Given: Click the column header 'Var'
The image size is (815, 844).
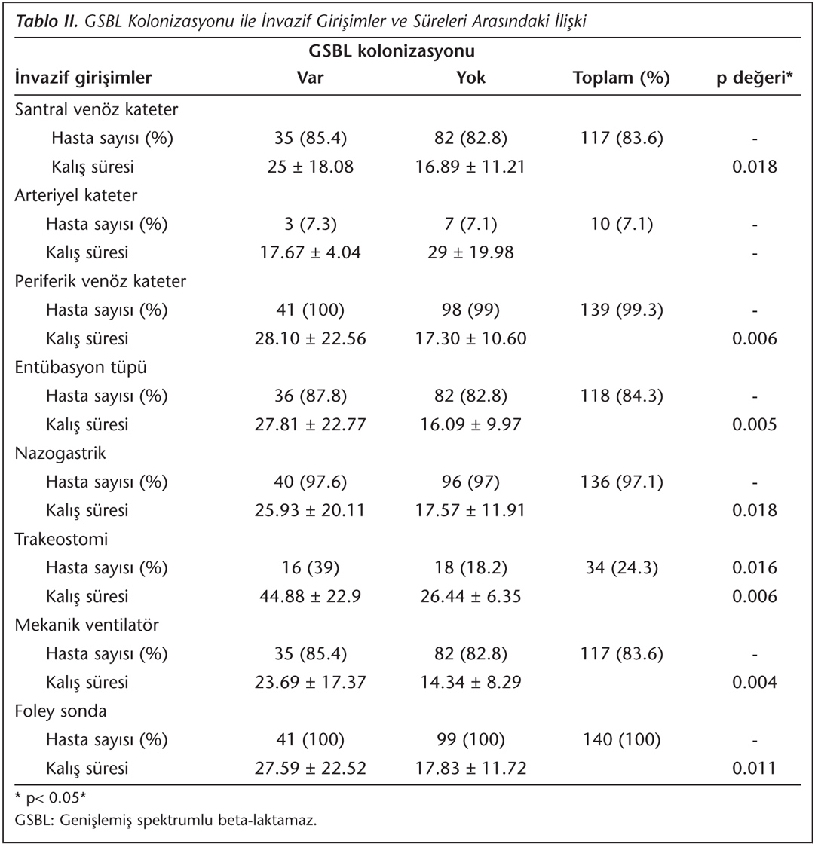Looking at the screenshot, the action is (311, 78).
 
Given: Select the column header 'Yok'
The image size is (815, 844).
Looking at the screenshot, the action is (470, 78).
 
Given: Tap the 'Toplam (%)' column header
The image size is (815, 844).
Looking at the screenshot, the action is (621, 78).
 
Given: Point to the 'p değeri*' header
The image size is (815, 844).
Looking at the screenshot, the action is (754, 78).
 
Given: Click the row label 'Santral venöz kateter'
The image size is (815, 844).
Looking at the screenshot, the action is (97, 109).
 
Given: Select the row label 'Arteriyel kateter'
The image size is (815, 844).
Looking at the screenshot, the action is (76, 195).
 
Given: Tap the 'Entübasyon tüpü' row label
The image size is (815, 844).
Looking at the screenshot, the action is (81, 368).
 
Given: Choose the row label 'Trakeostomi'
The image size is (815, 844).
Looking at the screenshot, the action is (61, 540).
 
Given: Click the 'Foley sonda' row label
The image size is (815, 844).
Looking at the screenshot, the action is (61, 711).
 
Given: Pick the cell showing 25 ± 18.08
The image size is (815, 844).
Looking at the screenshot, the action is (311, 167).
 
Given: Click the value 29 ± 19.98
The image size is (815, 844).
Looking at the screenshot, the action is (470, 253).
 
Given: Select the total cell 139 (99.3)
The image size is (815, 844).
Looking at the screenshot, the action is (621, 310).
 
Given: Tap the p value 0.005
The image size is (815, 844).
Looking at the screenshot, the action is (754, 425).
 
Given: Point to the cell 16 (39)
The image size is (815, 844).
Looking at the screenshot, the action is (311, 568).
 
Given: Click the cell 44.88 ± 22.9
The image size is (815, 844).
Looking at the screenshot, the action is (311, 597).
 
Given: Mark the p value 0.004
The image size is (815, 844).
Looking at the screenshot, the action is (754, 683).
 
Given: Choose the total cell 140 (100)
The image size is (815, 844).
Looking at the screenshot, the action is (621, 740).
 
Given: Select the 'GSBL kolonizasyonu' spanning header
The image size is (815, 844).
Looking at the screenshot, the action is (391, 51).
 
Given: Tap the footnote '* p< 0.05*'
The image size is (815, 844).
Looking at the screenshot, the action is (51, 797).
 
